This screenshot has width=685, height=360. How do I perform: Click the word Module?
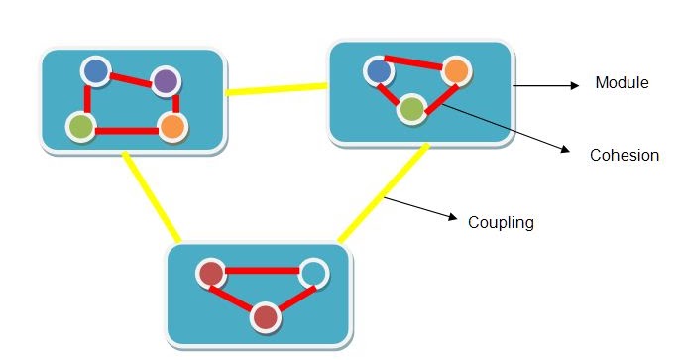tap(622, 82)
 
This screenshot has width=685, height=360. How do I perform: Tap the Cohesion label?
tap(624, 155)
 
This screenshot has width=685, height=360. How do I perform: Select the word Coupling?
tap(501, 222)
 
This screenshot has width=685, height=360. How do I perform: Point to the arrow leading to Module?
tap(545, 86)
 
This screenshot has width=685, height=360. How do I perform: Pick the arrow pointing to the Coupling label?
tap(420, 209)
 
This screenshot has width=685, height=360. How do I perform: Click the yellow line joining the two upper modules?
tap(277, 89)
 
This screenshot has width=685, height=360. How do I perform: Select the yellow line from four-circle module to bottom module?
tap(150, 196)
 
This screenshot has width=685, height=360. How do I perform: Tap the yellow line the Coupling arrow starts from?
tap(383, 194)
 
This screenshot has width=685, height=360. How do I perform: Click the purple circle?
tap(165, 80)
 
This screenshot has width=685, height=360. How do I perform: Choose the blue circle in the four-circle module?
tap(95, 70)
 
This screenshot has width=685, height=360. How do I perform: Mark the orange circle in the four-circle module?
tap(171, 127)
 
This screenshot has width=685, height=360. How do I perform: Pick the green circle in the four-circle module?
tap(81, 126)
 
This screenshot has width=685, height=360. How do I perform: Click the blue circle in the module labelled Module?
tap(377, 70)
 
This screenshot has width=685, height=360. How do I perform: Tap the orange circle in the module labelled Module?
tap(455, 70)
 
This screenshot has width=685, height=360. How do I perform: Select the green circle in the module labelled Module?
tap(411, 108)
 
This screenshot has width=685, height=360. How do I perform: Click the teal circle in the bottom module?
tap(312, 271)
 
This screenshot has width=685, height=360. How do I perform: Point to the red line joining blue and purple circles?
tap(130, 75)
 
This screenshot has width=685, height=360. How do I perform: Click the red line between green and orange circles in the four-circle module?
tap(126, 129)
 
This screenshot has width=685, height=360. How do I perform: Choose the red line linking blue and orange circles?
tap(416, 63)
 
